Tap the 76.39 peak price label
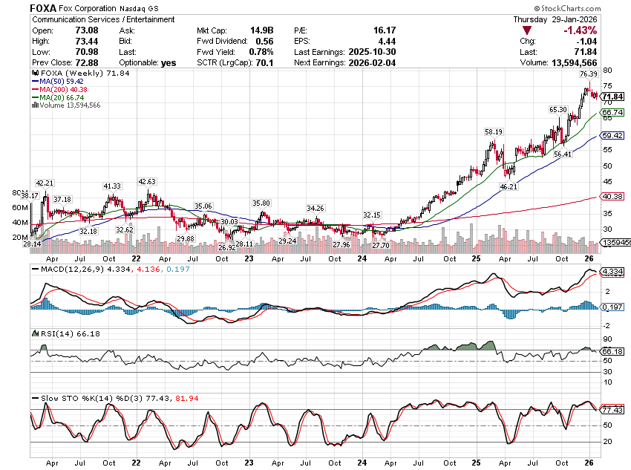click(588, 74)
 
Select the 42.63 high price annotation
click(147, 181)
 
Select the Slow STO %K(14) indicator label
click(71, 399)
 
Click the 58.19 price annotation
click(494, 131)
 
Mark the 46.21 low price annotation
click(509, 188)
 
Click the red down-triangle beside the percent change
click(526, 30)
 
